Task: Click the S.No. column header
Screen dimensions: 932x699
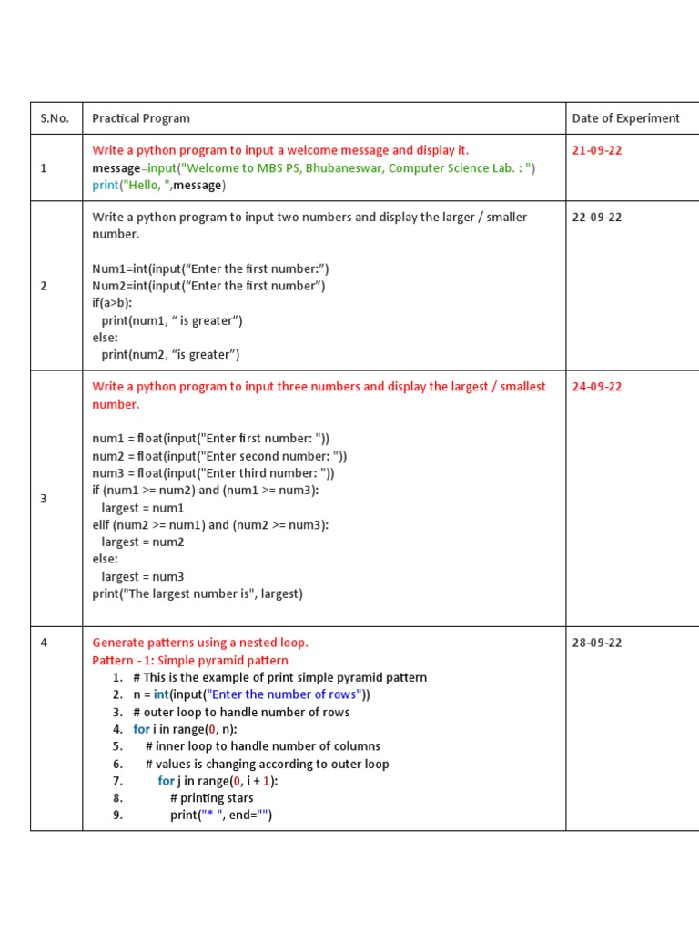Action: (x=55, y=118)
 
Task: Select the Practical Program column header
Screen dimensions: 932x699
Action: (x=141, y=118)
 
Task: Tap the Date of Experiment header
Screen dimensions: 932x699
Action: (x=625, y=118)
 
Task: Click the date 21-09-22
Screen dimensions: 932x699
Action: (x=597, y=150)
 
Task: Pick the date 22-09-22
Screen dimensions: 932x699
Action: (x=597, y=218)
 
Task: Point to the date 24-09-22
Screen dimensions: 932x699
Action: (x=597, y=387)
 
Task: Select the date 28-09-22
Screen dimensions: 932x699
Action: (x=597, y=643)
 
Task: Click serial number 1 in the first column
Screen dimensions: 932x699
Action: (x=43, y=168)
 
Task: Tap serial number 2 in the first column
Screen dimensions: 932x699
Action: (x=43, y=286)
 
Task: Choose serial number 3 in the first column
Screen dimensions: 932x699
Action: (x=43, y=499)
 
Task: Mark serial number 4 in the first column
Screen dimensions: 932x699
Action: (x=43, y=643)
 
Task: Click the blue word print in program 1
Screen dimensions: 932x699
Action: (x=105, y=186)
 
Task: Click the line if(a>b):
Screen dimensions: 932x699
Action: (x=112, y=303)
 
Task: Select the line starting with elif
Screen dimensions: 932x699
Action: (x=210, y=525)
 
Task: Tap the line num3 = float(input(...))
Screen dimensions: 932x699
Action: (x=213, y=473)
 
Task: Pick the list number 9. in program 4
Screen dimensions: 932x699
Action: (x=117, y=815)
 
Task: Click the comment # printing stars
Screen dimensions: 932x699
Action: (x=212, y=798)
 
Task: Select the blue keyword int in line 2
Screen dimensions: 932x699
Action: (x=161, y=695)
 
